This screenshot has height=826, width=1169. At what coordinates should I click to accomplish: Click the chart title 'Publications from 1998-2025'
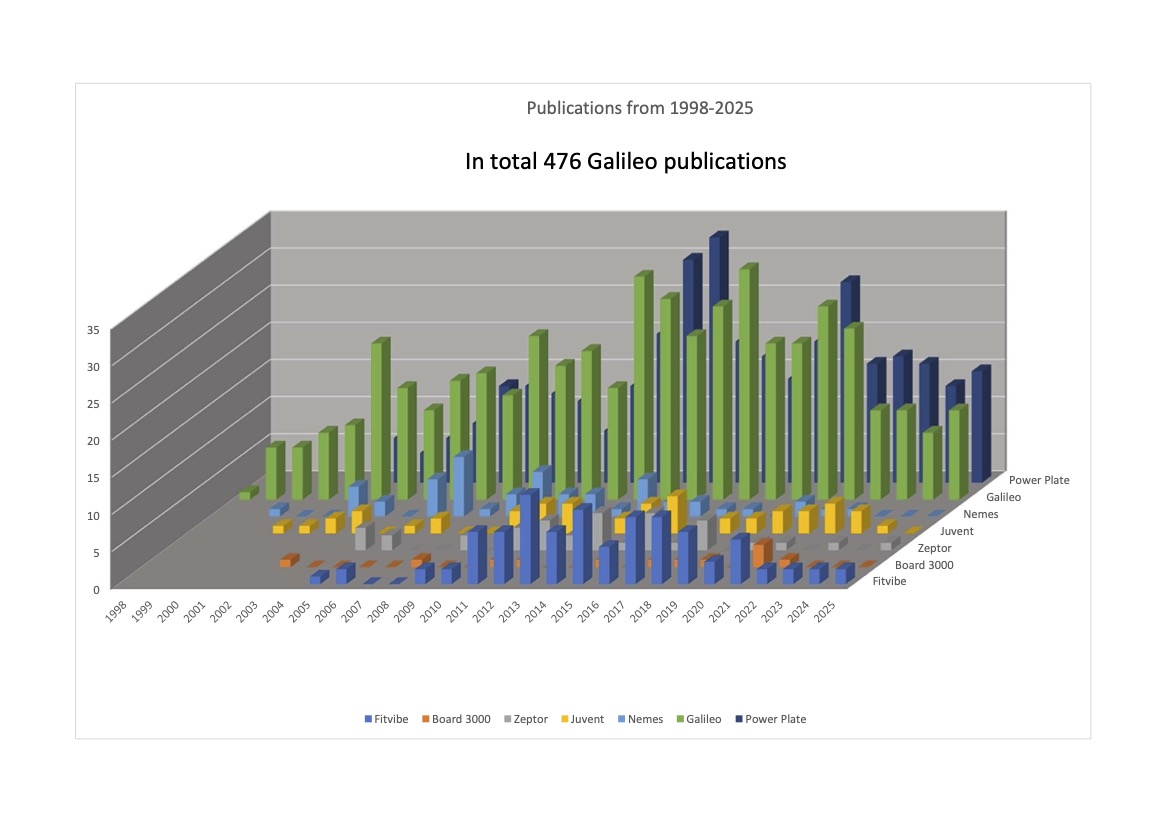click(640, 108)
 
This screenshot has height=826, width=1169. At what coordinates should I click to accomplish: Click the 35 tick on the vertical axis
click(95, 329)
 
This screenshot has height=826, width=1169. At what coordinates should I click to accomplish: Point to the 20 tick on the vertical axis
click(95, 440)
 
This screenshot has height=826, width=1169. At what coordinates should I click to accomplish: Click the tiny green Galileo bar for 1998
click(246, 494)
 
